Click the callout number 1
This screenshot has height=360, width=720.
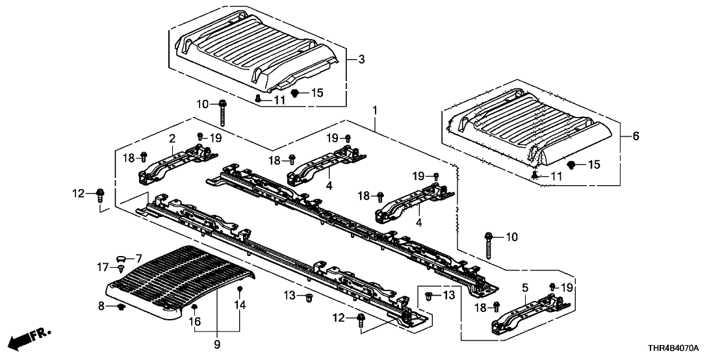coord(375,111)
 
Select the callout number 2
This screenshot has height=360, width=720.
coord(172,138)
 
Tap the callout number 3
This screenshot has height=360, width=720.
coord(361,60)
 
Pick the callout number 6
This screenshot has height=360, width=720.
coord(636,136)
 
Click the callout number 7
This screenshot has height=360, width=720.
coord(138,259)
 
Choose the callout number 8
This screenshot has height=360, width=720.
coord(102,305)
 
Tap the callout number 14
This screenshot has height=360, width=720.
coord(240,305)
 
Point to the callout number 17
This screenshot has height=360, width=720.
coord(104,266)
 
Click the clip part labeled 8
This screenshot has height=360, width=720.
coord(121,307)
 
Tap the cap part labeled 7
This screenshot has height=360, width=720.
coord(122,258)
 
